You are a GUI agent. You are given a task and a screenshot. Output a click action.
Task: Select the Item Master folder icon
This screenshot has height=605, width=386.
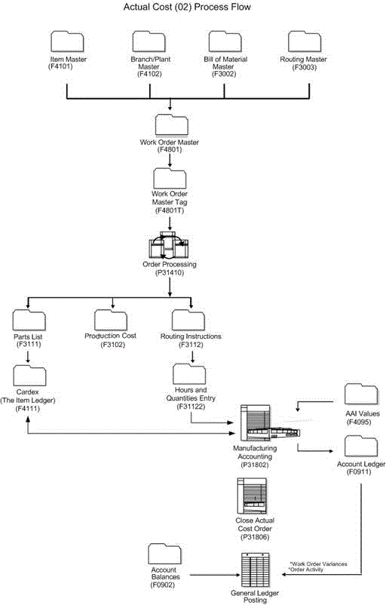tap(68, 42)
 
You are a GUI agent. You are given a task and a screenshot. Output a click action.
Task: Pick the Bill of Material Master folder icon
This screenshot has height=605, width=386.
tap(225, 42)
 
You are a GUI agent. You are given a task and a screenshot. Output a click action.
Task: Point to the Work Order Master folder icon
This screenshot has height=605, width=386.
tap(170, 126)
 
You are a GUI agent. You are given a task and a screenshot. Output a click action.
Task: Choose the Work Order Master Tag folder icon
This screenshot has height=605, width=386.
tap(170, 178)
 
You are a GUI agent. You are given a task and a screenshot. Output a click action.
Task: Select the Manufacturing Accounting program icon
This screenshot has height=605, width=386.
tap(263, 424)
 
